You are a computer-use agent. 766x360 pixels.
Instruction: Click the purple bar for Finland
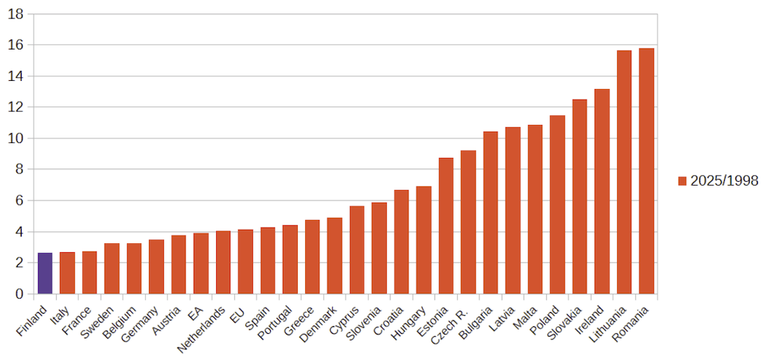(x=45, y=273)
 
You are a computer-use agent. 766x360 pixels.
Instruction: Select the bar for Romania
(x=646, y=171)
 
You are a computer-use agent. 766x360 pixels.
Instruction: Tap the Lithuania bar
(x=624, y=172)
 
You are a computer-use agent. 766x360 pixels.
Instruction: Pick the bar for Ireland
(x=602, y=192)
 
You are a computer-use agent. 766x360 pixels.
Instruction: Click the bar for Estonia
(x=446, y=226)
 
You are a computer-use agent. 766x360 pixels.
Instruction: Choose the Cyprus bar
(x=357, y=250)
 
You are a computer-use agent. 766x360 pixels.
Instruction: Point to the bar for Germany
(x=156, y=266)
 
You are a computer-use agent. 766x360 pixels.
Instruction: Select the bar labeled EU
(x=245, y=262)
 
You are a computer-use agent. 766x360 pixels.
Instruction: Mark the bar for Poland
(x=557, y=204)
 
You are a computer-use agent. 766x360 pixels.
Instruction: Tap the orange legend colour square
(x=682, y=180)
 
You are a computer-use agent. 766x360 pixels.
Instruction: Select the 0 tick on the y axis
(x=20, y=294)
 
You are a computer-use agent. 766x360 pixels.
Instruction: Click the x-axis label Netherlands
(x=200, y=330)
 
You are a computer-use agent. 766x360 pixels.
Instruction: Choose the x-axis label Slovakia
(x=564, y=323)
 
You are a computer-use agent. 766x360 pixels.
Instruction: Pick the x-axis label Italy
(x=61, y=315)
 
